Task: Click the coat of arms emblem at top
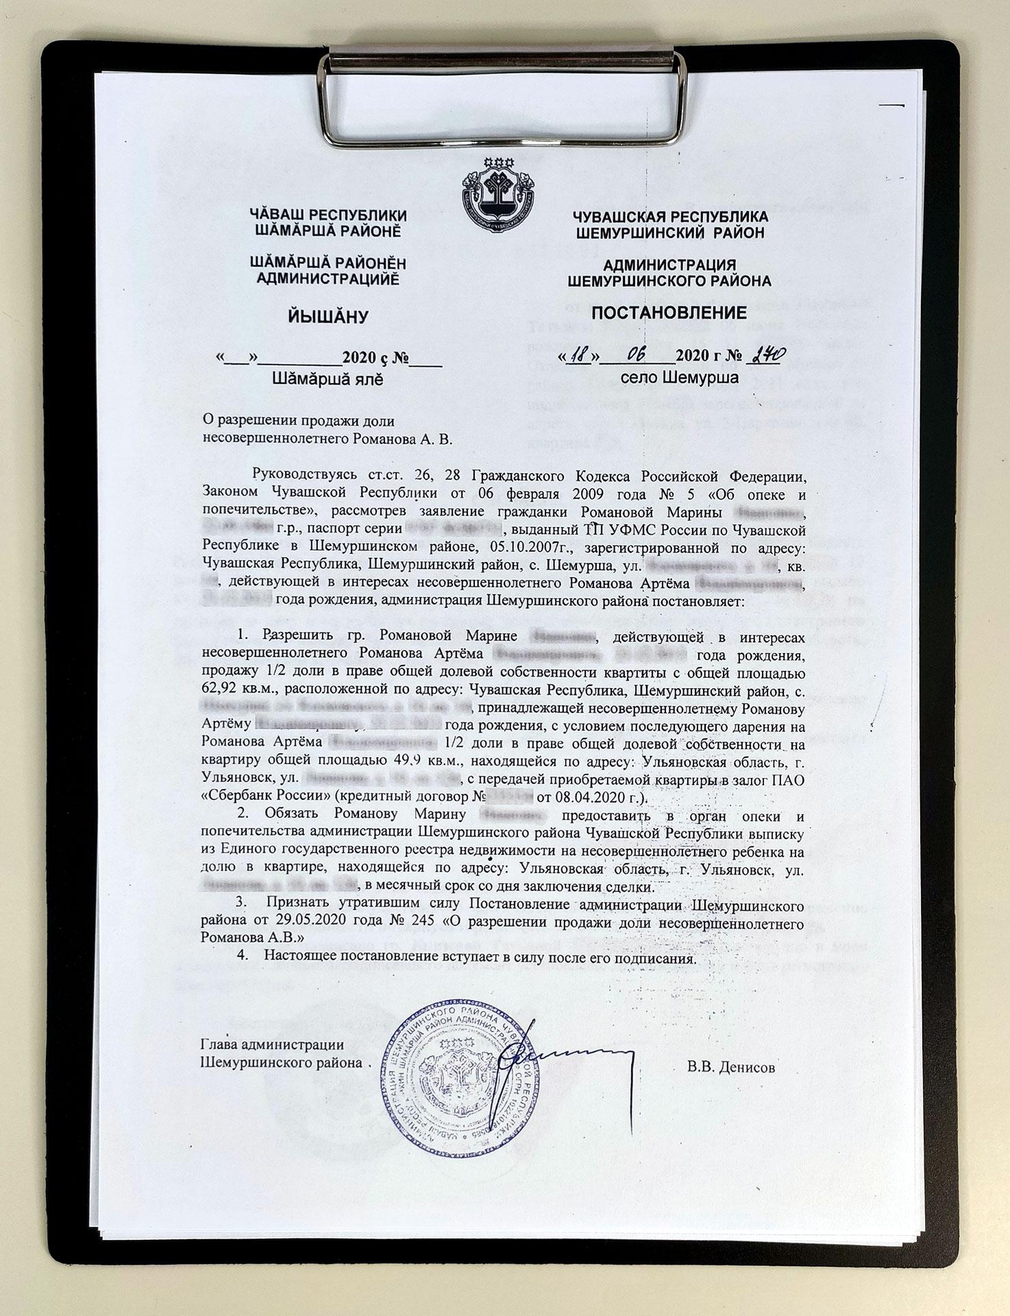click(498, 193)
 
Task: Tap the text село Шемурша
click(669, 377)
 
